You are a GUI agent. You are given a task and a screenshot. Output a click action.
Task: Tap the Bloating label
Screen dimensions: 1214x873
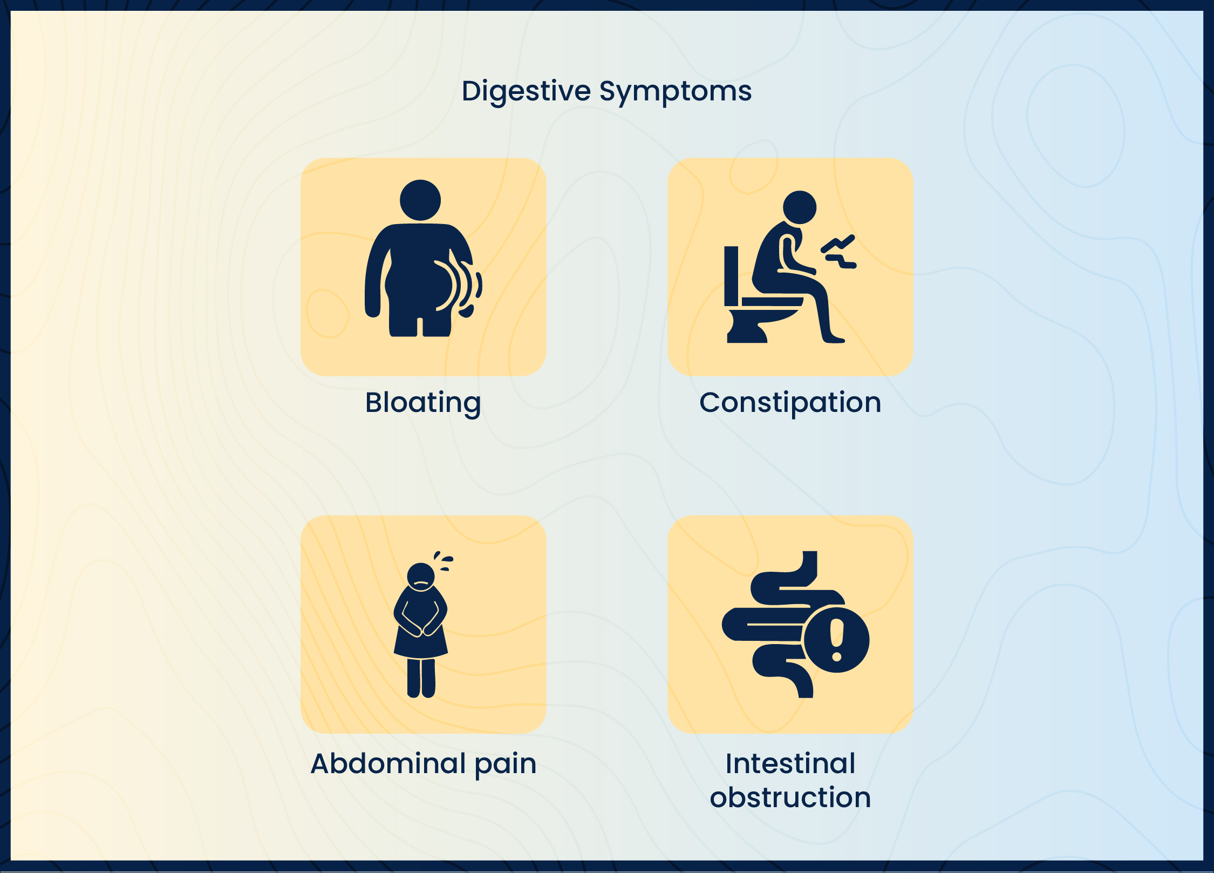pyautogui.click(x=423, y=403)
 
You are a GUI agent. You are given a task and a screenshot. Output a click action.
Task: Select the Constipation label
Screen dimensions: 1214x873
pyautogui.click(x=790, y=403)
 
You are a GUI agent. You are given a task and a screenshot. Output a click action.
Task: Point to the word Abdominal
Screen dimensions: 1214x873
pyautogui.click(x=388, y=763)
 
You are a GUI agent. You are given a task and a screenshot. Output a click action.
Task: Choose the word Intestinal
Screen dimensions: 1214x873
pyautogui.click(x=790, y=763)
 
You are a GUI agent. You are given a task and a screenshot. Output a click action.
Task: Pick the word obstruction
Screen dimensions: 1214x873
pyautogui.click(x=790, y=797)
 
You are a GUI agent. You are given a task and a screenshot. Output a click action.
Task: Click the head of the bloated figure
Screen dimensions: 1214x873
pyautogui.click(x=420, y=200)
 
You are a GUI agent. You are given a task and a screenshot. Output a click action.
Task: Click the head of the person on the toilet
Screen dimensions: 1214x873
pyautogui.click(x=799, y=207)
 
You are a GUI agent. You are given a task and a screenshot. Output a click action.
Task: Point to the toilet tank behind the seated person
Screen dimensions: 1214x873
pyautogui.click(x=731, y=276)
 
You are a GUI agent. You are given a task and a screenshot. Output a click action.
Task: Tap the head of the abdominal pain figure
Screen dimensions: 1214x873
pyautogui.click(x=421, y=577)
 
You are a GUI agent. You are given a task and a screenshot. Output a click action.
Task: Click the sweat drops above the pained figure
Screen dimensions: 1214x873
pyautogui.click(x=444, y=560)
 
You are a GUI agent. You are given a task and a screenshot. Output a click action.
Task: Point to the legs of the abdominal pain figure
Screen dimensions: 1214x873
pyautogui.click(x=421, y=678)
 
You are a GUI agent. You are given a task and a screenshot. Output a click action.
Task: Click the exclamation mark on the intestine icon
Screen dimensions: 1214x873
pyautogui.click(x=836, y=640)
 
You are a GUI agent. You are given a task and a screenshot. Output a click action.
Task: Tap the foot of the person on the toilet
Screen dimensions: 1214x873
pyautogui.click(x=834, y=340)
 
